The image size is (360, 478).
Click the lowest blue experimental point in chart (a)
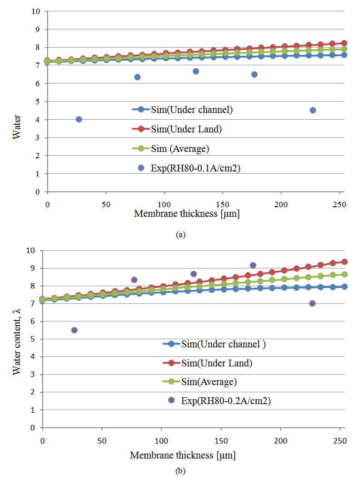79,119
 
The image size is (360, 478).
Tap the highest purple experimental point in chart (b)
253,265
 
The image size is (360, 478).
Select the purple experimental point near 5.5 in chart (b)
74,330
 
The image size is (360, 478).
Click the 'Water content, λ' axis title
17,339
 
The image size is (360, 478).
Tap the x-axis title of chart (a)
187,214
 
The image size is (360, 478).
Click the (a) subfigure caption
181,235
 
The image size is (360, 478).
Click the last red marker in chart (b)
345,262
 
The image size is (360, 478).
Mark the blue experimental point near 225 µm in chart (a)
313,110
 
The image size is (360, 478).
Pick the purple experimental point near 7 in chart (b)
312,303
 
